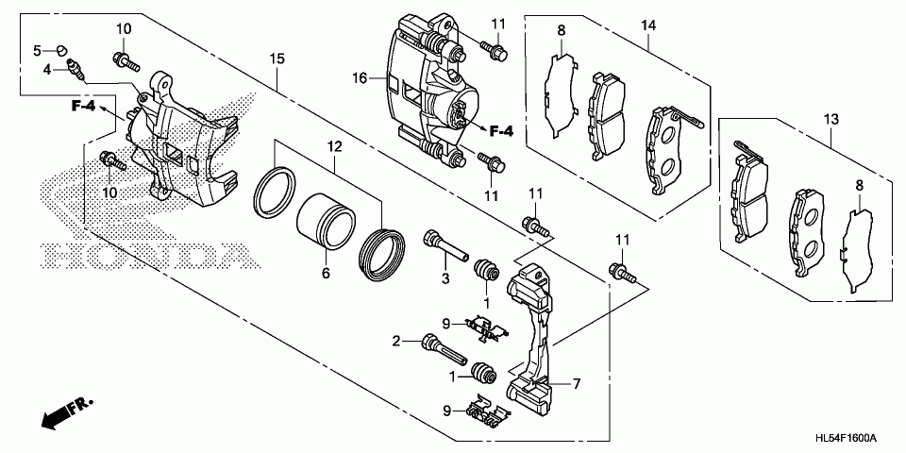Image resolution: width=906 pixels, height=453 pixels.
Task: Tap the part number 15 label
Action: click(x=277, y=59)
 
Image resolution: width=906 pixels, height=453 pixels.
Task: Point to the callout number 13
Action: click(x=830, y=119)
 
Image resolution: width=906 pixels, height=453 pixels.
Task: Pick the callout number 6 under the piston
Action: click(x=325, y=274)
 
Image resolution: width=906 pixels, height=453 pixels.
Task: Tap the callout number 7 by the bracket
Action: click(x=575, y=384)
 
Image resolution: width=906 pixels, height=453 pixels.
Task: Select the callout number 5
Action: click(x=39, y=49)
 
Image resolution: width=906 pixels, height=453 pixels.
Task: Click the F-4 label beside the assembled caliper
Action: click(x=499, y=129)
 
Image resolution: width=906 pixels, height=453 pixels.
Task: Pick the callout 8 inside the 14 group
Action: click(x=561, y=31)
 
